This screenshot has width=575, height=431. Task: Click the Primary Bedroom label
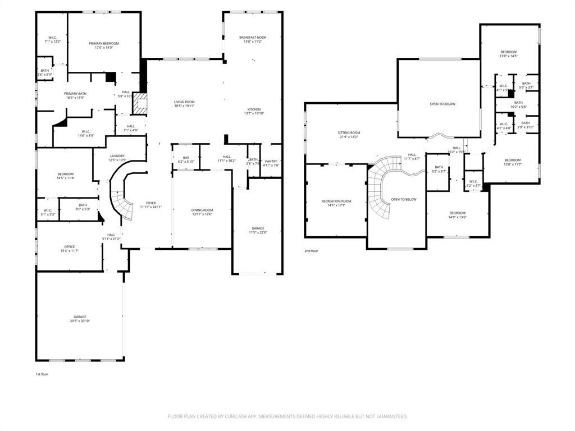(104, 43)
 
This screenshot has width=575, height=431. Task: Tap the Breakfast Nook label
(253, 38)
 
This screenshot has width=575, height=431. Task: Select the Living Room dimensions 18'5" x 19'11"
(184, 106)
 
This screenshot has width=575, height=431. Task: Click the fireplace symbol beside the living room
(143, 104)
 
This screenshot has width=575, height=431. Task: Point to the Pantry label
(271, 162)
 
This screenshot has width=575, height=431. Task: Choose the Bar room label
(186, 158)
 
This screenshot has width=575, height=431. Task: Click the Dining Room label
(202, 210)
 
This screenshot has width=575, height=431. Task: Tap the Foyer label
(151, 203)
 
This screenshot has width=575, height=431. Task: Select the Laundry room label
(117, 156)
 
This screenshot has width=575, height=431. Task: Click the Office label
(69, 246)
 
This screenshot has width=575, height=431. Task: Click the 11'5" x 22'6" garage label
(258, 228)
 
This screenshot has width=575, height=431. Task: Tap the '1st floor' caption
(42, 374)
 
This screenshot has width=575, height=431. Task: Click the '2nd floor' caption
(311, 251)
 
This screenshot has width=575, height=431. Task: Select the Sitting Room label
(349, 133)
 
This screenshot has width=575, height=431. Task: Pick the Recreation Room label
(336, 201)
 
